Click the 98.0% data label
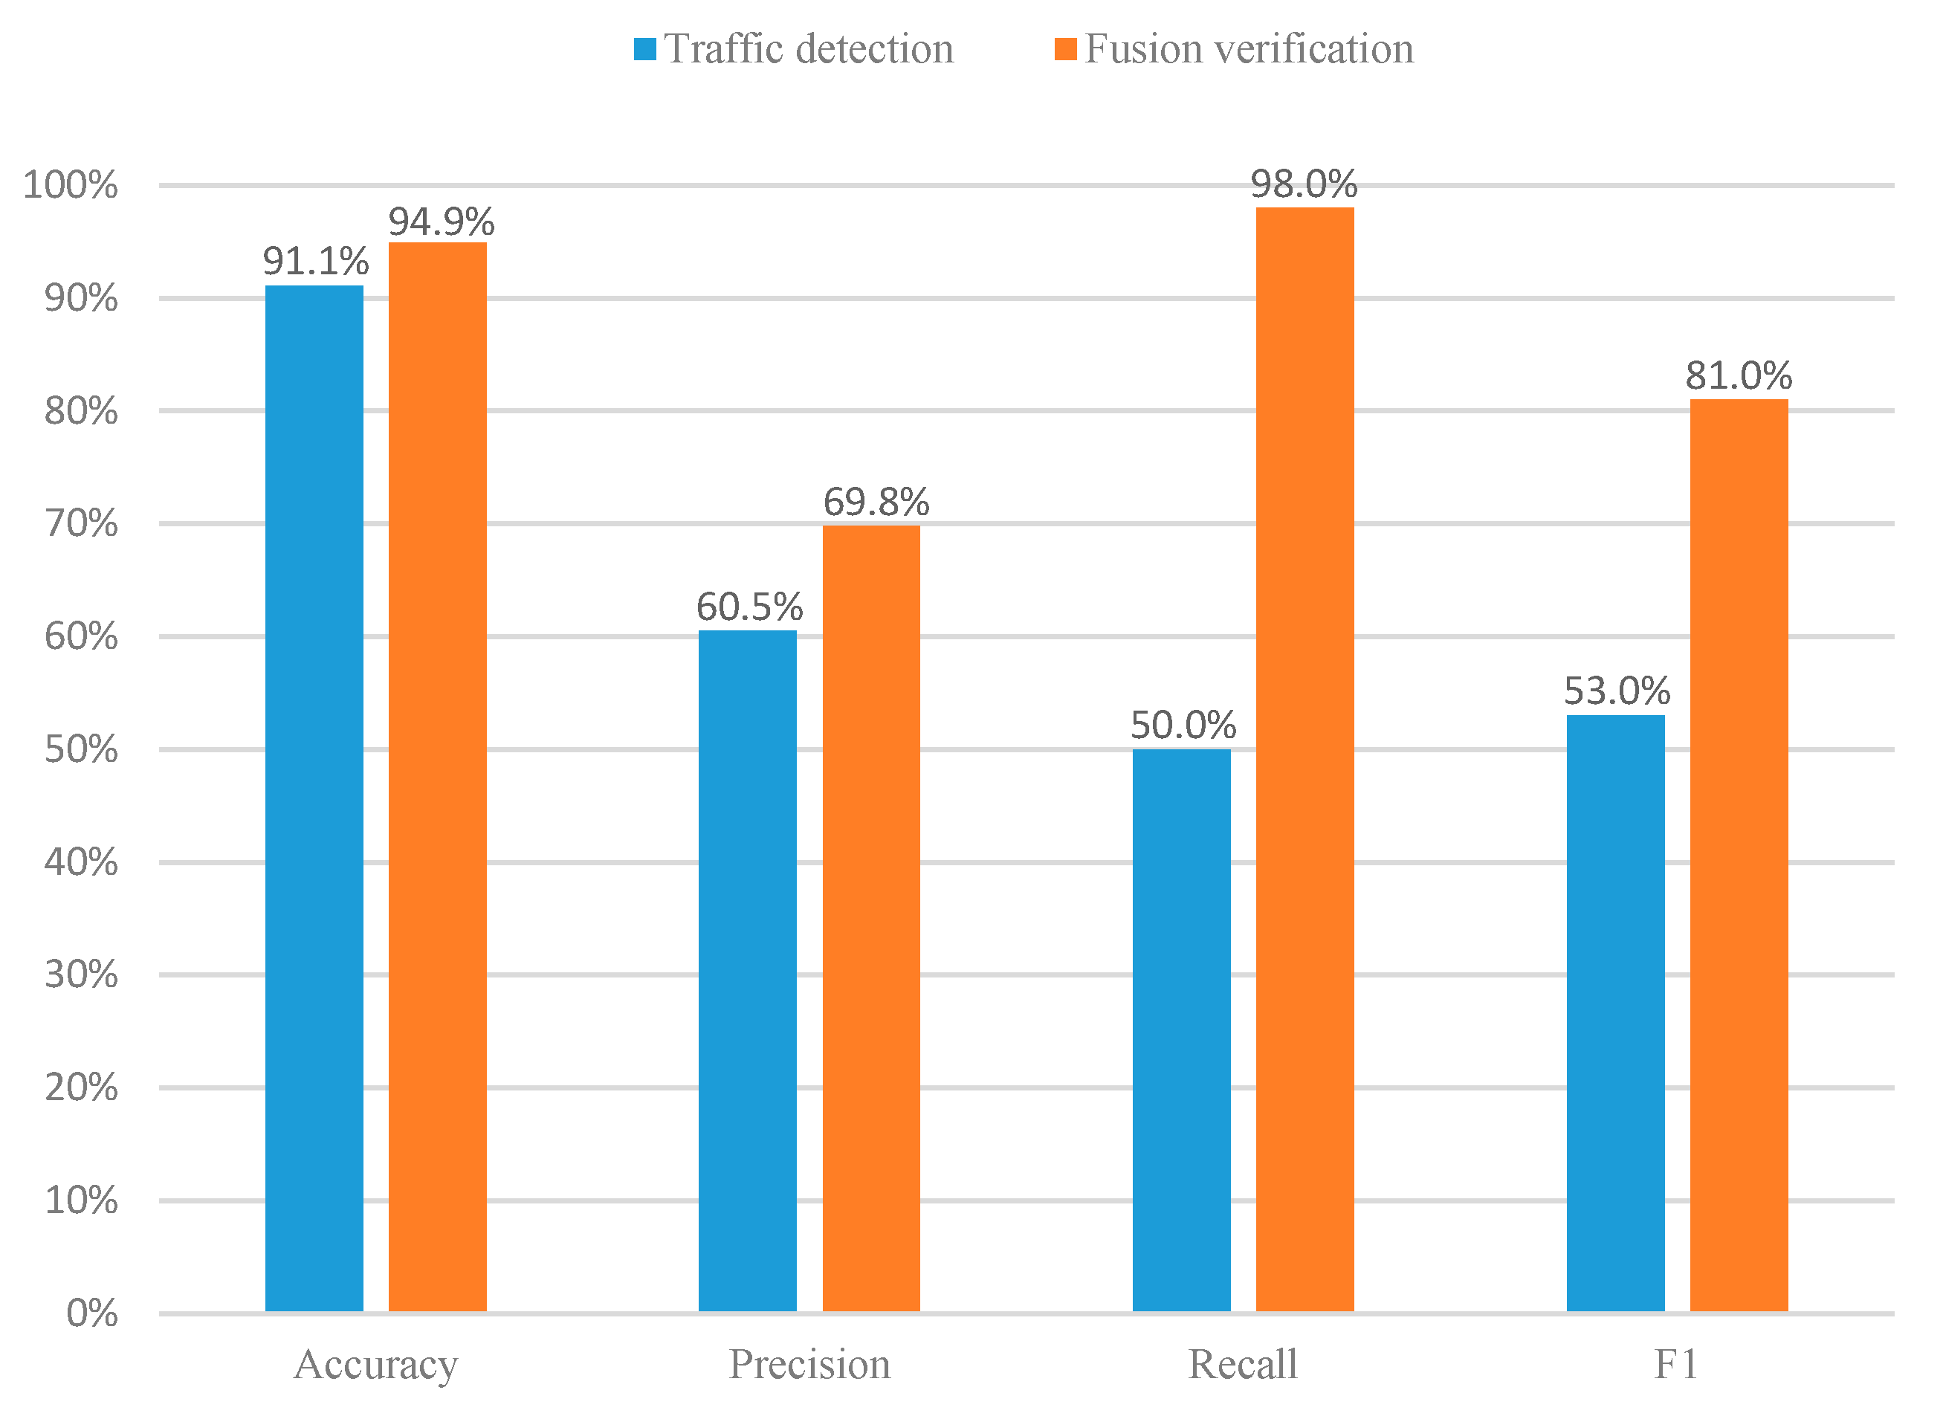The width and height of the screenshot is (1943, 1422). tap(1304, 184)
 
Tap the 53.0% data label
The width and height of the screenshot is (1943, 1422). tap(1616, 691)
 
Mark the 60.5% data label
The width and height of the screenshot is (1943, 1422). tap(749, 607)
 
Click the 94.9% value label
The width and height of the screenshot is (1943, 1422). tap(441, 222)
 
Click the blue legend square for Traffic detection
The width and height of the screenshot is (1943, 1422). tap(644, 49)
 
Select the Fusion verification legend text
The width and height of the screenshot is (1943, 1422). tap(1249, 49)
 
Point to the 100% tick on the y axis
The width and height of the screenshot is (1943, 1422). tap(70, 185)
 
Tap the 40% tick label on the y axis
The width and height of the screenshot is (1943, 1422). tap(81, 862)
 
